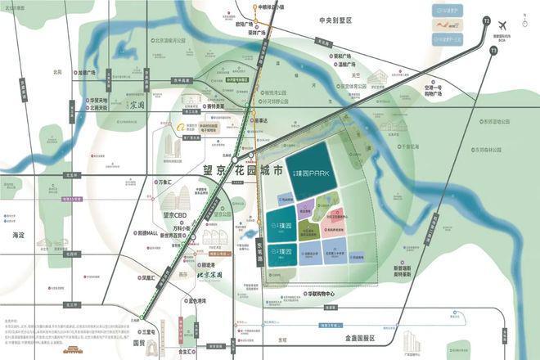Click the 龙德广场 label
pos(86,72)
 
